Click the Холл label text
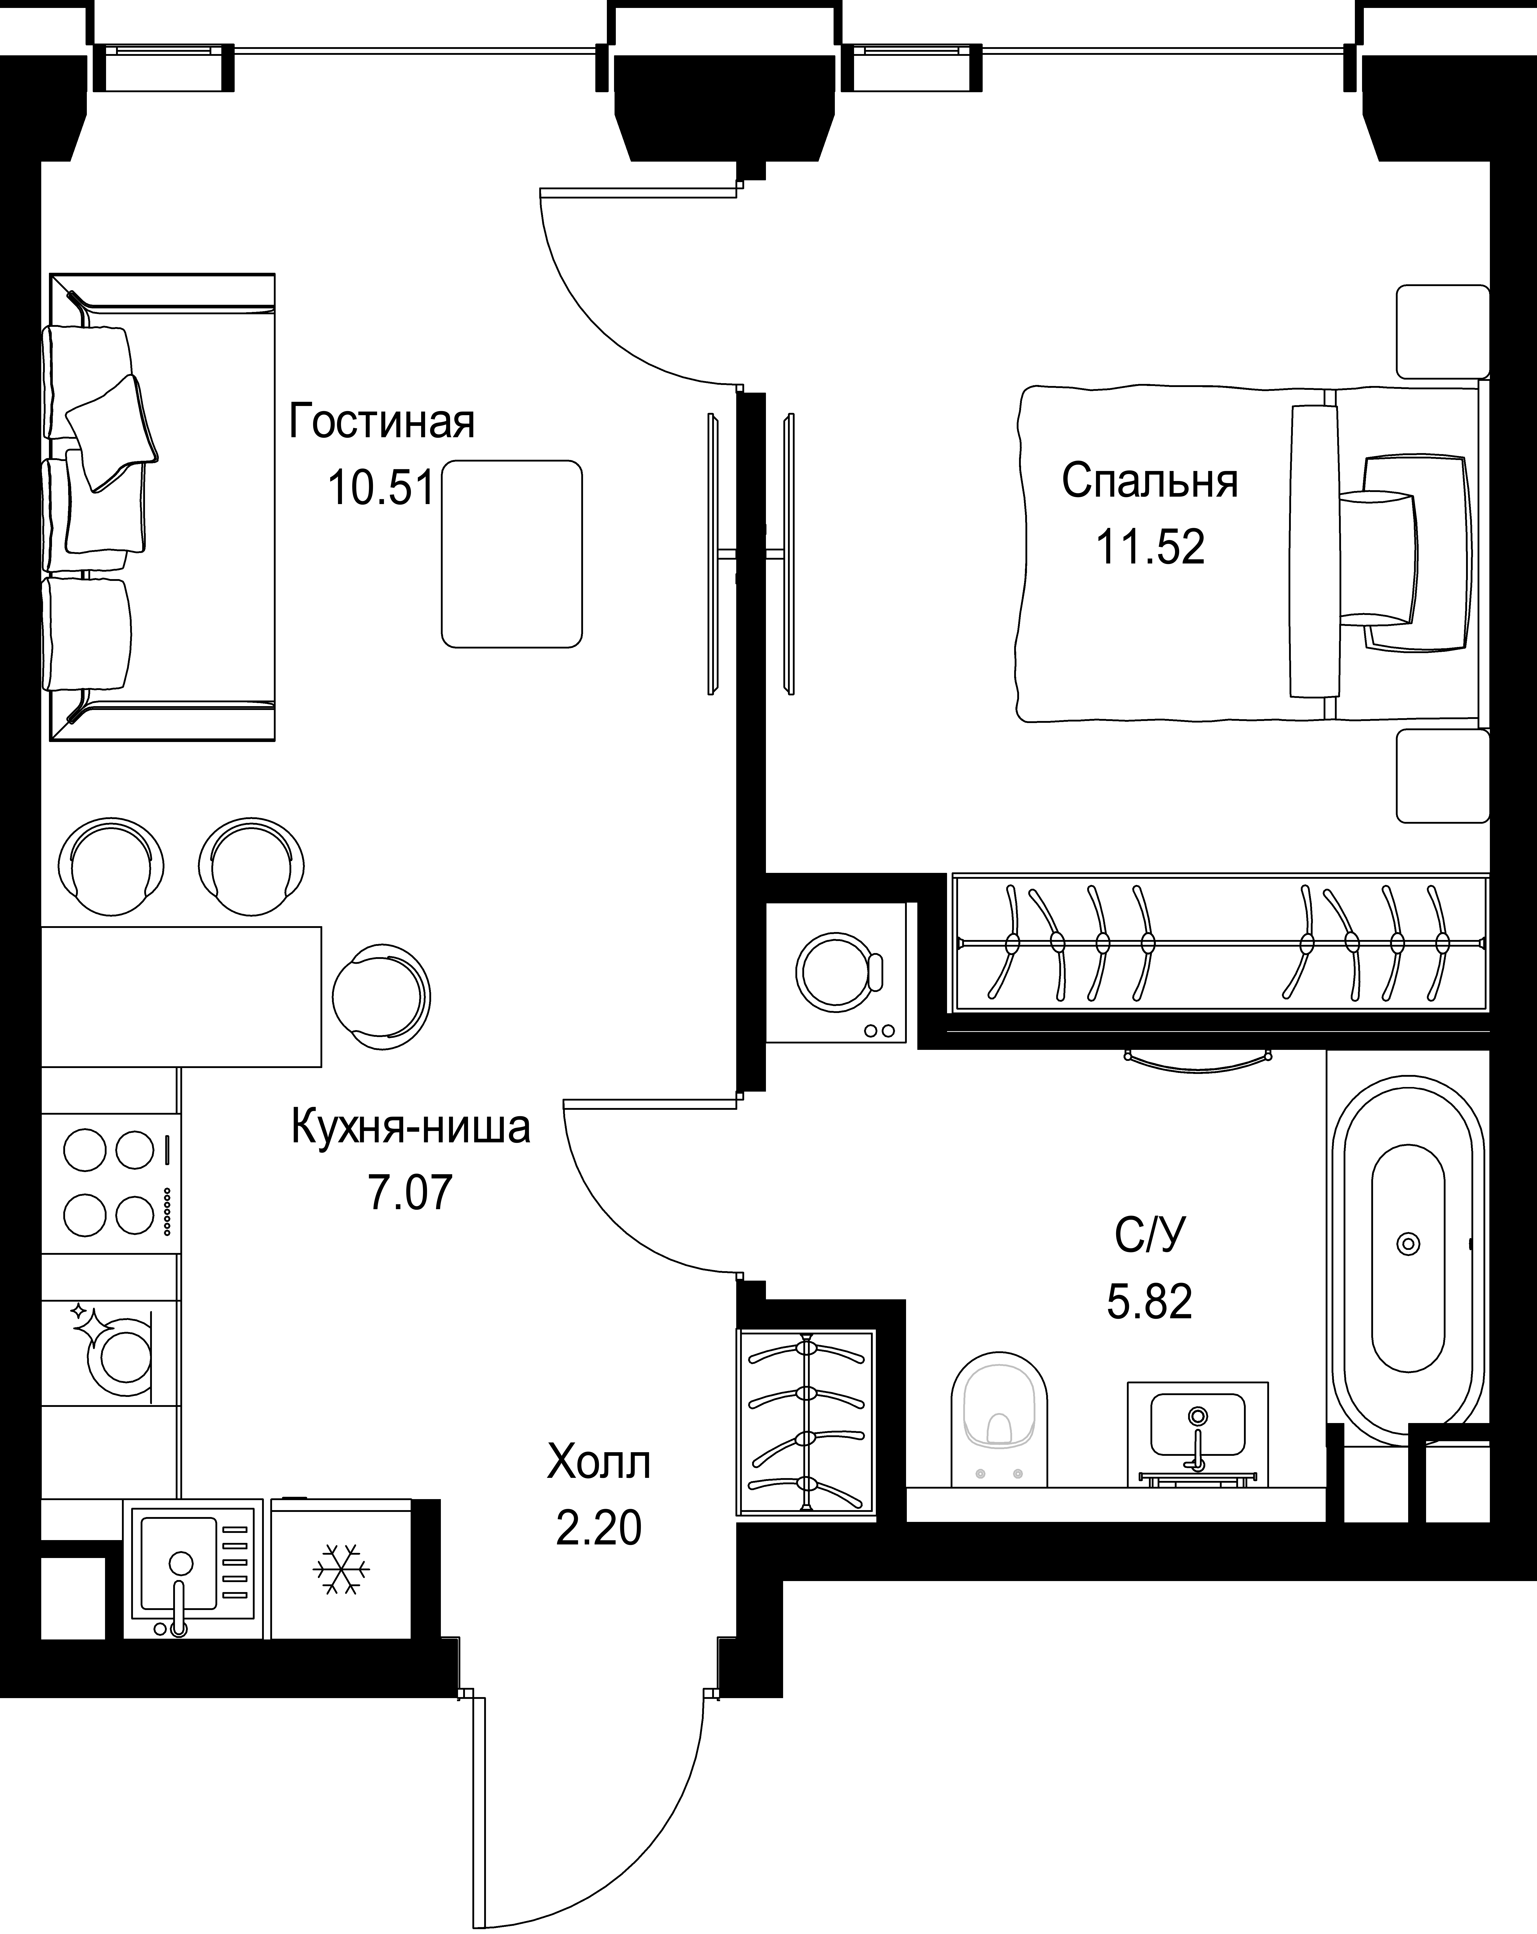click(598, 1463)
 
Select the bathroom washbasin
click(1197, 1434)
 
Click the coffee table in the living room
click(511, 553)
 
